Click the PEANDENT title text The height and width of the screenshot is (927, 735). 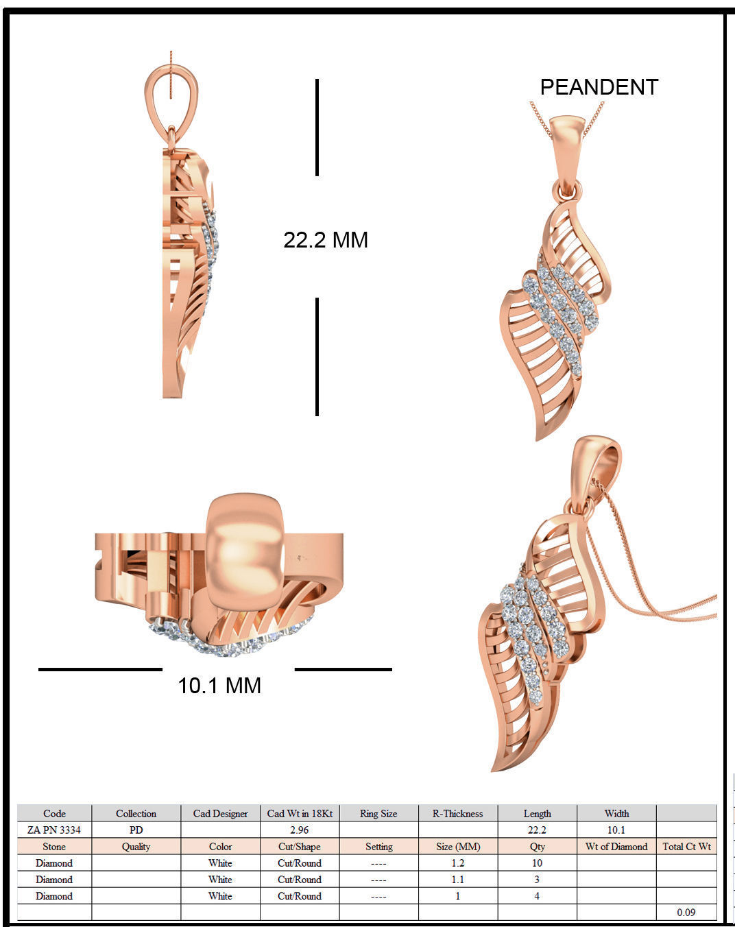pyautogui.click(x=599, y=87)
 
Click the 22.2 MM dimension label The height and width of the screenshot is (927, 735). pyautogui.click(x=326, y=240)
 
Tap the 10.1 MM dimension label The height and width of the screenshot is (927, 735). pyautogui.click(x=219, y=686)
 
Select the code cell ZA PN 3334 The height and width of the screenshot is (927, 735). pyautogui.click(x=54, y=830)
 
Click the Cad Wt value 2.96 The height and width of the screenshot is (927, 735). pyautogui.click(x=300, y=830)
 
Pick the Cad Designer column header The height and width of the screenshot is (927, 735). pyautogui.click(x=220, y=813)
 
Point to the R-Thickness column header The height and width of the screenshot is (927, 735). pyautogui.click(x=457, y=813)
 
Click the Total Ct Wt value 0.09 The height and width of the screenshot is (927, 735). pyautogui.click(x=686, y=912)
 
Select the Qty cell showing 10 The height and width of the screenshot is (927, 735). pyautogui.click(x=537, y=863)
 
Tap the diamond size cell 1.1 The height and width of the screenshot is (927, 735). pyautogui.click(x=457, y=879)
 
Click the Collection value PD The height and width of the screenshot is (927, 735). pyautogui.click(x=136, y=830)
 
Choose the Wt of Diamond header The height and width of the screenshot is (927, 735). pyautogui.click(x=616, y=846)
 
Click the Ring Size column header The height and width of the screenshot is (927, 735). pyautogui.click(x=378, y=813)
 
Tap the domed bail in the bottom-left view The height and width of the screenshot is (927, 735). pyautogui.click(x=245, y=549)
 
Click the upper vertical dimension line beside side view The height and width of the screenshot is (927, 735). pyautogui.click(x=317, y=127)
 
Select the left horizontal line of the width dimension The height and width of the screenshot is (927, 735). pyautogui.click(x=100, y=669)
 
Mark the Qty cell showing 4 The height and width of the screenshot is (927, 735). pyautogui.click(x=537, y=895)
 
